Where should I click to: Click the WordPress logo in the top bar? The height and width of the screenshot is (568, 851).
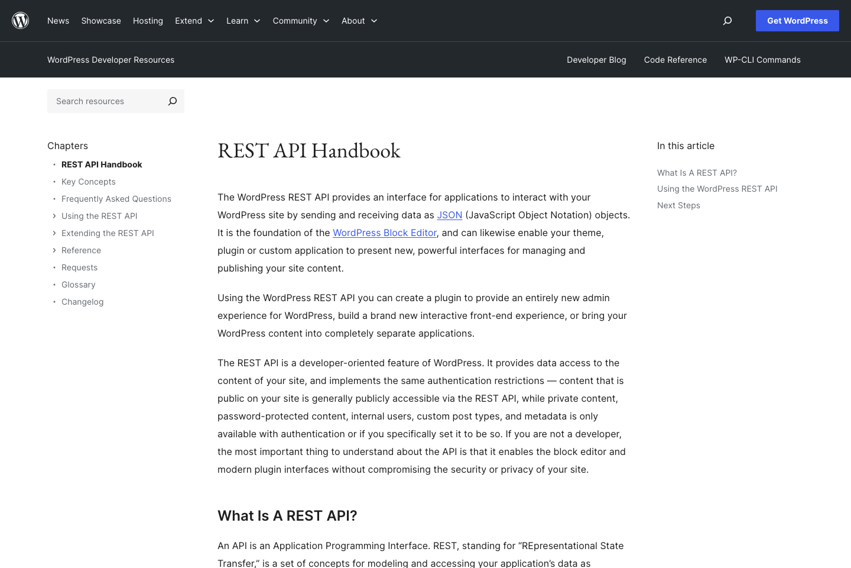(x=21, y=21)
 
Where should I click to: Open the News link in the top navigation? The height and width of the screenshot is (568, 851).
(x=58, y=21)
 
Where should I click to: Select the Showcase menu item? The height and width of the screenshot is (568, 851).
(x=101, y=21)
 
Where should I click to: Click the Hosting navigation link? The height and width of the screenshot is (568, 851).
(x=148, y=21)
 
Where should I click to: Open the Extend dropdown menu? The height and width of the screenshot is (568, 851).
(x=194, y=21)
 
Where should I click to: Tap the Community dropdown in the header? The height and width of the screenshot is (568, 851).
(x=301, y=21)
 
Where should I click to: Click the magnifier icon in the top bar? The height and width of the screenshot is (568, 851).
(x=727, y=21)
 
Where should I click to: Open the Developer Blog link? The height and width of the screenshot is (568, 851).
(x=596, y=60)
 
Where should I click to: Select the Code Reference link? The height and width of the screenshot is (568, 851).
(x=675, y=60)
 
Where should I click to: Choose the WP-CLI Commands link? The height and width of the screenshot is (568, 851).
(x=762, y=60)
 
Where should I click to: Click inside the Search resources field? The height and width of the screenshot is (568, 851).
(x=106, y=101)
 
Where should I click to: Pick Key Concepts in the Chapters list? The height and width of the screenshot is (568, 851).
(x=89, y=182)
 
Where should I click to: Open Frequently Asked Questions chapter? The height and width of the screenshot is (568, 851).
(x=116, y=199)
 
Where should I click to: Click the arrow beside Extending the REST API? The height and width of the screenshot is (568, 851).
(x=54, y=233)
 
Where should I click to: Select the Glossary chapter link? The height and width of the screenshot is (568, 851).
(x=79, y=285)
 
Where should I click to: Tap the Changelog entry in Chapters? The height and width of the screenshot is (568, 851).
(x=83, y=302)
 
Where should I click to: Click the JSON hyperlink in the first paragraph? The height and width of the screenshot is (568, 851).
(x=449, y=215)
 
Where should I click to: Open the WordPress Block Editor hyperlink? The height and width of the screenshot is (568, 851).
(x=384, y=233)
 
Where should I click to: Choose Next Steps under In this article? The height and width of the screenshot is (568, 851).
(x=678, y=205)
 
